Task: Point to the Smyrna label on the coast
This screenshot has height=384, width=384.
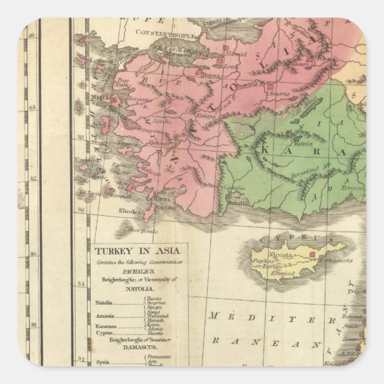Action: click(154, 128)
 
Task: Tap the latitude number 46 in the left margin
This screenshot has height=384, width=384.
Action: click(32, 35)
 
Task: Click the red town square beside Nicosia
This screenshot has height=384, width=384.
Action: click(312, 254)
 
